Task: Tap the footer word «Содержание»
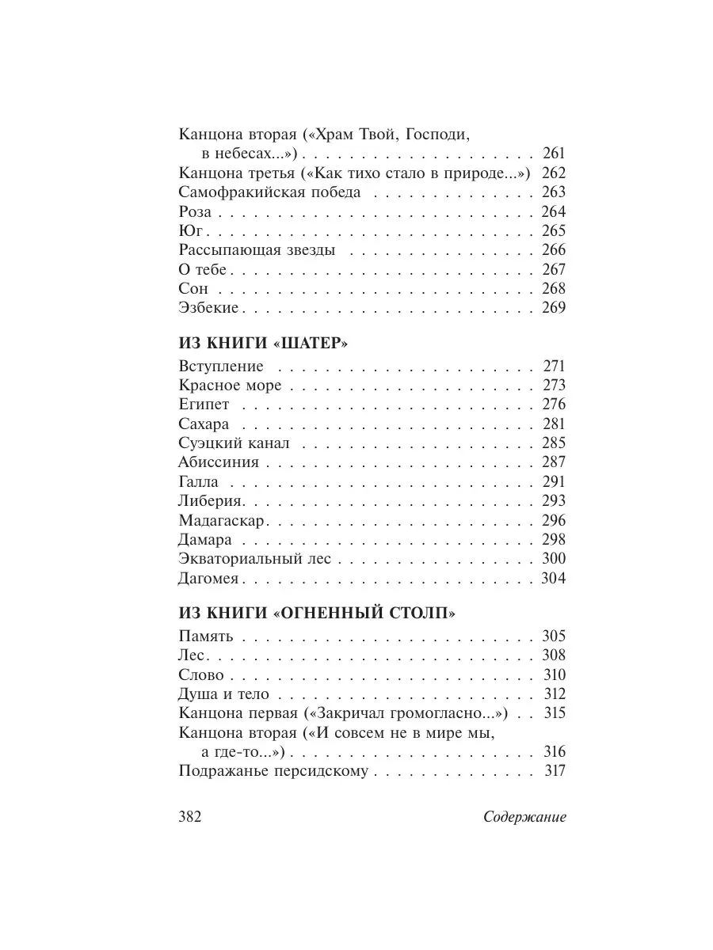pyautogui.click(x=524, y=818)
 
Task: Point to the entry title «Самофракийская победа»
pyautogui.click(x=270, y=192)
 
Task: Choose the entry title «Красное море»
pyautogui.click(x=231, y=386)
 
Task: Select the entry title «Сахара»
pyautogui.click(x=204, y=424)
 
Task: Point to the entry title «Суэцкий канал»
pyautogui.click(x=235, y=443)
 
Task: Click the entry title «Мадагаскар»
pyautogui.click(x=222, y=520)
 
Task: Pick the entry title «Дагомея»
pyautogui.click(x=210, y=579)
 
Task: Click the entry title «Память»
pyautogui.click(x=205, y=636)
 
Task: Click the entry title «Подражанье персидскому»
pyautogui.click(x=273, y=771)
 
